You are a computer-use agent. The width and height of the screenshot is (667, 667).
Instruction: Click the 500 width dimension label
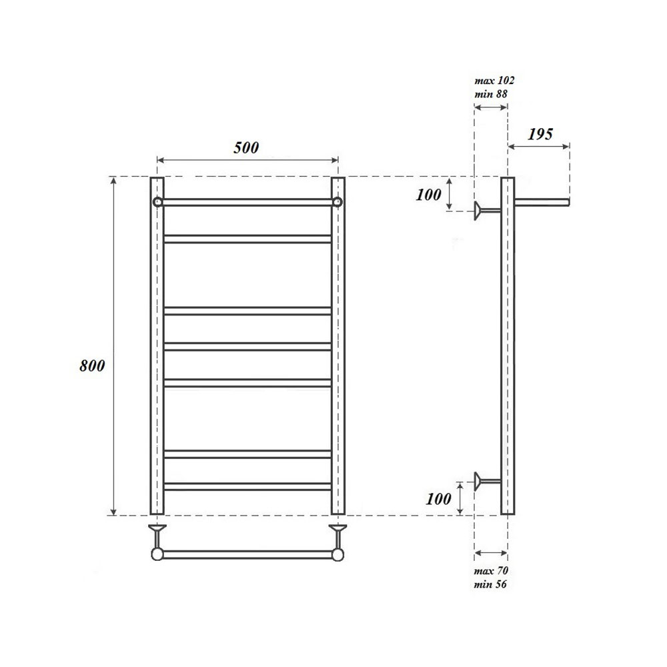(x=246, y=148)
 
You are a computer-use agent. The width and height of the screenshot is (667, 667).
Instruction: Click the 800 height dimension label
(x=91, y=366)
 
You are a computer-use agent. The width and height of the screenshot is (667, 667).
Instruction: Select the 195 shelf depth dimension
(x=540, y=134)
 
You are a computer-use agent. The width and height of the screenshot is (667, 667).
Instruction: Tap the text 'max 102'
(x=494, y=80)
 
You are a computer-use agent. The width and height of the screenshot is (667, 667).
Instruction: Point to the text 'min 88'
(x=491, y=94)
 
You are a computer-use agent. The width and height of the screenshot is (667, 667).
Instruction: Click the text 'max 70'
(x=491, y=571)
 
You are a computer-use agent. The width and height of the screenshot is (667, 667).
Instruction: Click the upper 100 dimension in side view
(x=428, y=195)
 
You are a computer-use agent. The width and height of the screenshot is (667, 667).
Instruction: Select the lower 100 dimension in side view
(x=438, y=499)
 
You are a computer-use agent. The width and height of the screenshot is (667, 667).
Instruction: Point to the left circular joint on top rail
(x=157, y=202)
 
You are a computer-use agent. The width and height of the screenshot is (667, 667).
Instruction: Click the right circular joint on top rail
(x=338, y=202)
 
